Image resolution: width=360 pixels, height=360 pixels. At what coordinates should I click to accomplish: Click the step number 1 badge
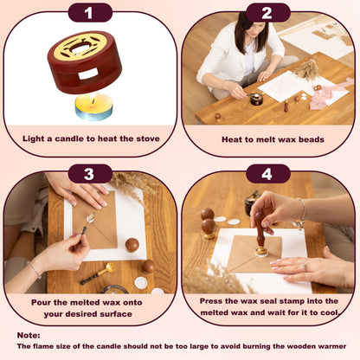click(x=90, y=13)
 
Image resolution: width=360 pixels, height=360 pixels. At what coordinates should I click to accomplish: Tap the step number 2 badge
click(x=268, y=13)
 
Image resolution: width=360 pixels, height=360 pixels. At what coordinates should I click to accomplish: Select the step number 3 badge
click(x=90, y=174)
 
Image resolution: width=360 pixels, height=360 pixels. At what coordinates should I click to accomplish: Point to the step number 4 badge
click(x=268, y=174)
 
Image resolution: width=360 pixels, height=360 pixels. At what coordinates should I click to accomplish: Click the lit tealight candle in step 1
click(x=93, y=106)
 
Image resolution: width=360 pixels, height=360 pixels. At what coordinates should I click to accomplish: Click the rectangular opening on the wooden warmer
click(x=87, y=74)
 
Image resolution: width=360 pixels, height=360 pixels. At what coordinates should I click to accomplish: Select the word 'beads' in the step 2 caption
click(x=311, y=139)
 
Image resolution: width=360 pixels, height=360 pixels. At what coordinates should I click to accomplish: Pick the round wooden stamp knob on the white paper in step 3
click(x=132, y=245)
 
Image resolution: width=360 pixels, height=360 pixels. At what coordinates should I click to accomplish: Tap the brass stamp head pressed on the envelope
click(x=261, y=252)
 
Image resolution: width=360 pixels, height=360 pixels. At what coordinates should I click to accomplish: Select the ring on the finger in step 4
click(x=305, y=267)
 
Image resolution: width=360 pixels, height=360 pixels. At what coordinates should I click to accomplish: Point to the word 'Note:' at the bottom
click(x=29, y=336)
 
